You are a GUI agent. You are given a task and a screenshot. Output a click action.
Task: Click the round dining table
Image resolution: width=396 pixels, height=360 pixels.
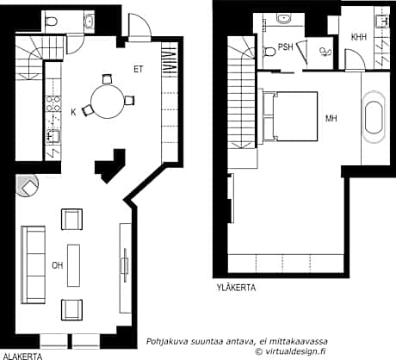(108, 99)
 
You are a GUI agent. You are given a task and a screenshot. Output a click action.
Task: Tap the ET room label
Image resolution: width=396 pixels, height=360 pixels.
(138, 68)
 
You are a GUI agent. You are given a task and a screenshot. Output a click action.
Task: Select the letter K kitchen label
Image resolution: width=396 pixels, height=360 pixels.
(73, 112)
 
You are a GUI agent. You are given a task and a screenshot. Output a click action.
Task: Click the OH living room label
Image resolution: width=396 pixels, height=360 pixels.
(57, 264)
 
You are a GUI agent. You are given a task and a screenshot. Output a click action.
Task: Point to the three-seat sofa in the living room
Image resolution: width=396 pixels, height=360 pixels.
(34, 264)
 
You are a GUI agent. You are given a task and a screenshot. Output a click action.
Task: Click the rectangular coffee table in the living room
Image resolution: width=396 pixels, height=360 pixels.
(73, 264)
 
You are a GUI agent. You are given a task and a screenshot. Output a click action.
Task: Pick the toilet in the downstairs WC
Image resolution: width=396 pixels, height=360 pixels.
(51, 22)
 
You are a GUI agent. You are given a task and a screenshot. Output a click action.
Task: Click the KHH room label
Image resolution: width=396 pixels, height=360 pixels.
(359, 37)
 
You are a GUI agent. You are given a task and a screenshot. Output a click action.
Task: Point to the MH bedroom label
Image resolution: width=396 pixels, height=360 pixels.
(331, 118)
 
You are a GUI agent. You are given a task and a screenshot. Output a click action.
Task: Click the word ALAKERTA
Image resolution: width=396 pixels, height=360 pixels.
(22, 354)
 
